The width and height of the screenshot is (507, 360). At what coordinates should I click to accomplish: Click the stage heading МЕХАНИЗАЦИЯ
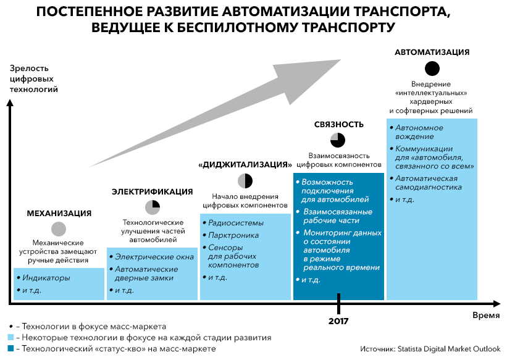tap(59, 214)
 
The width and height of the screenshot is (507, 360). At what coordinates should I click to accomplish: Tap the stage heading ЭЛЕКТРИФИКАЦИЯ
tap(153, 192)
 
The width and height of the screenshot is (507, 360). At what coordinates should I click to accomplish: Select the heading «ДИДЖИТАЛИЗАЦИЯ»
tap(245, 165)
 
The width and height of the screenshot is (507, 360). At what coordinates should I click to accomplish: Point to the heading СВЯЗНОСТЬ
tap(339, 125)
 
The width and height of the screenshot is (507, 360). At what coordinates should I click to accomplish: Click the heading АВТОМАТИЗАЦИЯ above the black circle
tap(432, 52)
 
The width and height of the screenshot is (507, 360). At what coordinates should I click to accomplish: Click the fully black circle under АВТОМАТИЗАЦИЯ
tap(432, 69)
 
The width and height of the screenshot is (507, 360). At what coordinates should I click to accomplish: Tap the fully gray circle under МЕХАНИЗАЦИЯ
tap(59, 229)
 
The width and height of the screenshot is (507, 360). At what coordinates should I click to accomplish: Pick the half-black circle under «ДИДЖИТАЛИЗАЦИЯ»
tap(245, 181)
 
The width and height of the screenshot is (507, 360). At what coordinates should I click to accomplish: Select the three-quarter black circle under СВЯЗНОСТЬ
tap(338, 140)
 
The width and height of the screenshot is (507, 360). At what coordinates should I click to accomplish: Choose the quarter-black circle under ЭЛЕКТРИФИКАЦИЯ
tap(153, 207)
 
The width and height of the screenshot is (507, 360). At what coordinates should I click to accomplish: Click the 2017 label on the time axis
tap(338, 321)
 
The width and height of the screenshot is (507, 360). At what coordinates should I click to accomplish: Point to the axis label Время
tap(486, 316)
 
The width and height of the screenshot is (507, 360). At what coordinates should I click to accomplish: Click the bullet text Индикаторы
tap(46, 278)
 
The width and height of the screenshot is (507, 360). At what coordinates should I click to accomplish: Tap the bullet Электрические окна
tap(154, 257)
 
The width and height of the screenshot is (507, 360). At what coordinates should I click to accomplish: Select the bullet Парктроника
tap(233, 235)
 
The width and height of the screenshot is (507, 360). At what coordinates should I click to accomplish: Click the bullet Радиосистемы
tap(236, 223)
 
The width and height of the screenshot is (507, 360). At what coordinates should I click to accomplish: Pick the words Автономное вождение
tap(419, 132)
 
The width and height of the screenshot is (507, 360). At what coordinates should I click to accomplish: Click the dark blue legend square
tap(10, 349)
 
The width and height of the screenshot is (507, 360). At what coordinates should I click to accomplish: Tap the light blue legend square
tap(10, 338)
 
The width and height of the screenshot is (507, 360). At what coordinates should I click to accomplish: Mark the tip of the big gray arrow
tap(341, 59)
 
